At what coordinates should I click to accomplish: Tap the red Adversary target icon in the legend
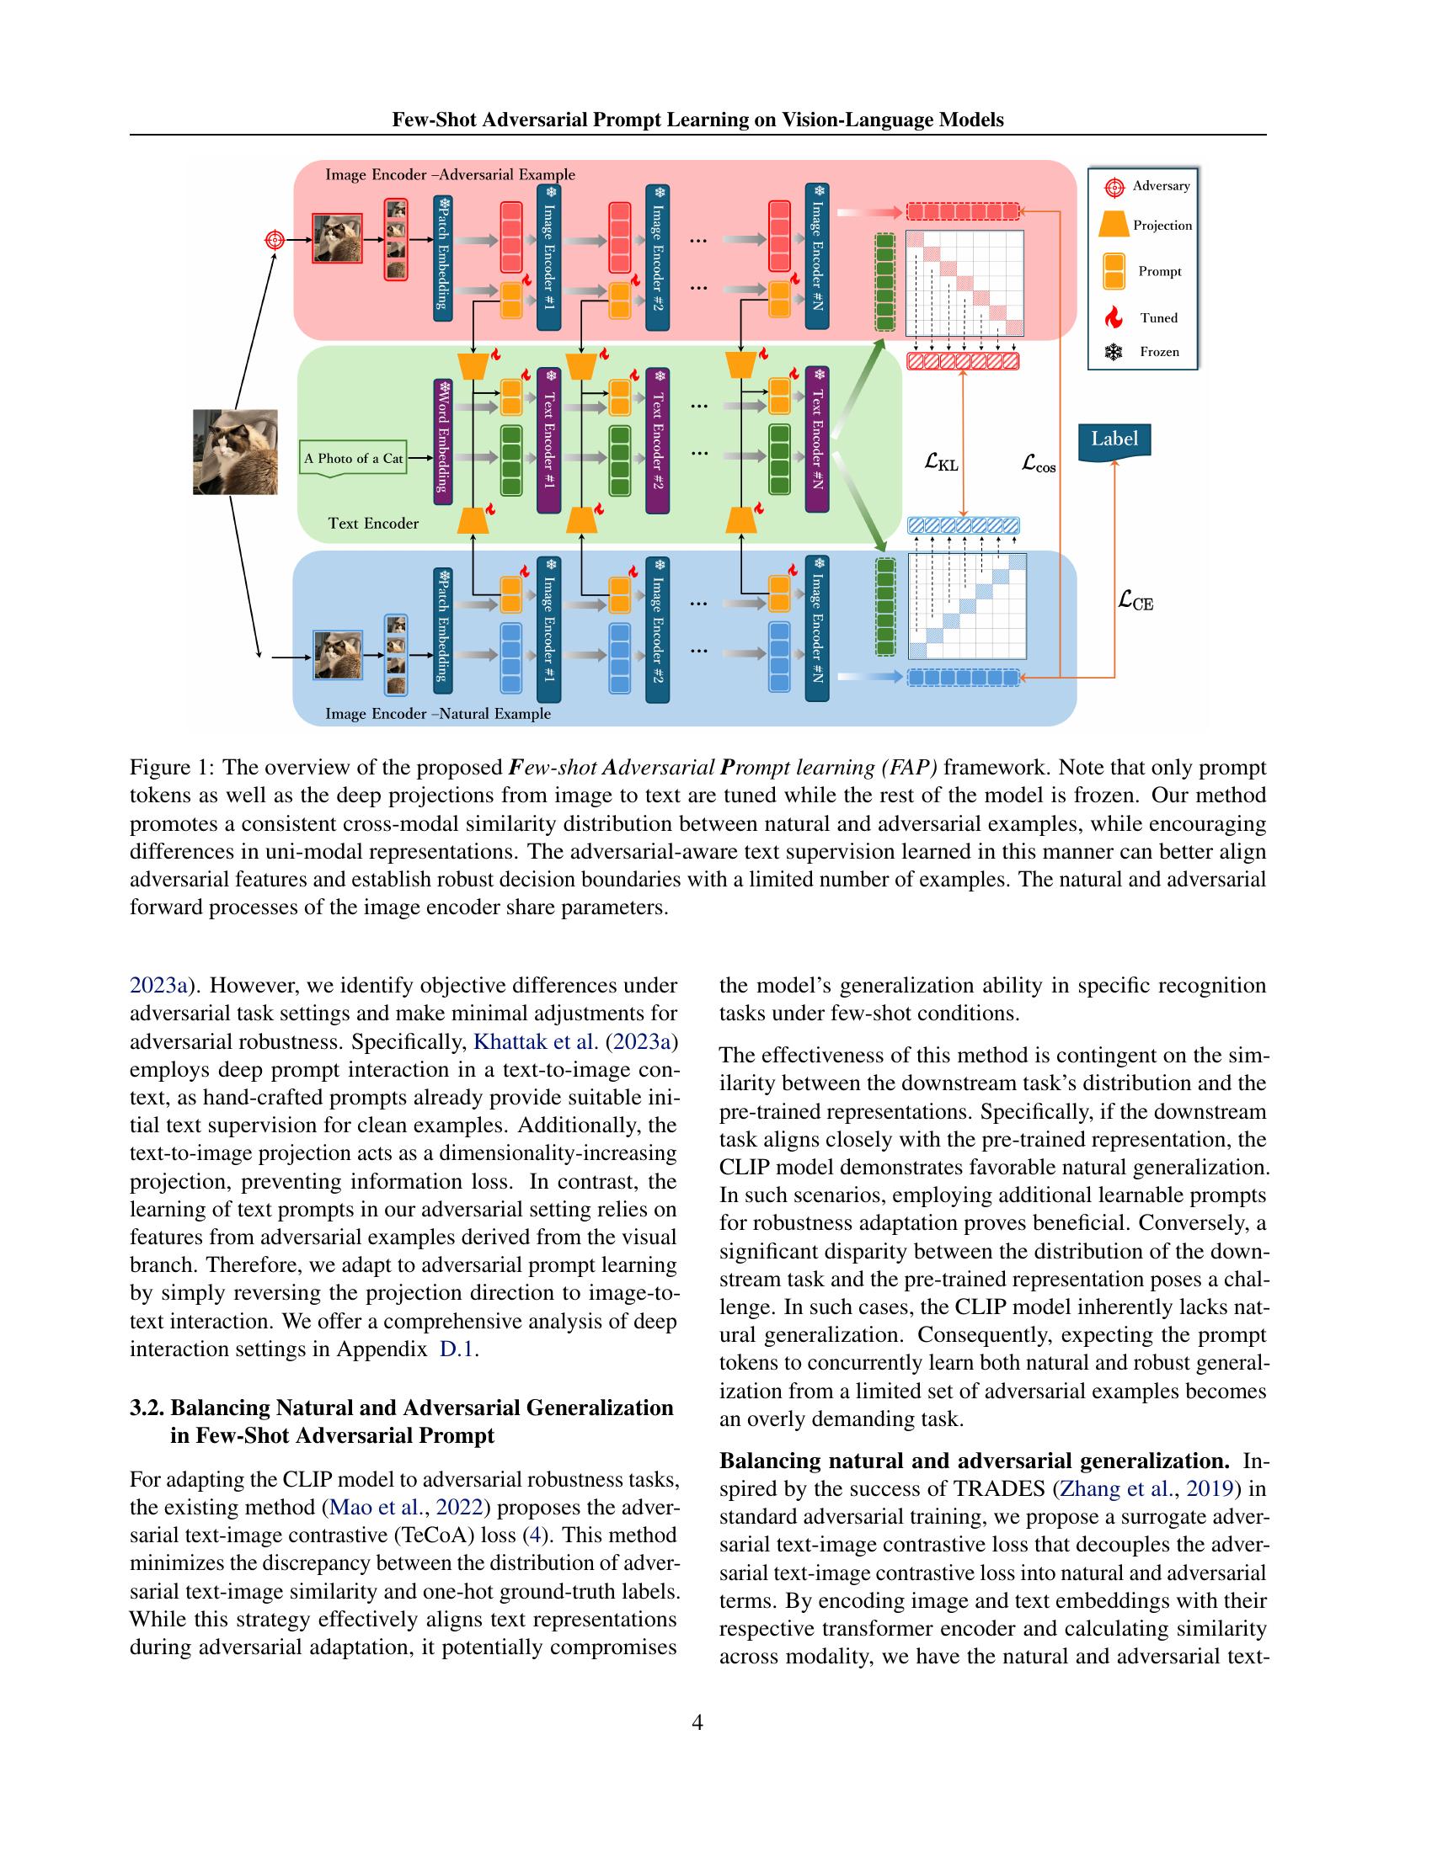click(1114, 187)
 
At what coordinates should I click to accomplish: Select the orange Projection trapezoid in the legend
click(1113, 226)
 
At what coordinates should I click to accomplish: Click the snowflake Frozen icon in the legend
click(1114, 352)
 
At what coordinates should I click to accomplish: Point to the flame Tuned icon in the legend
click(1114, 318)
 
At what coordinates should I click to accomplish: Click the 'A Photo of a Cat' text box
click(353, 459)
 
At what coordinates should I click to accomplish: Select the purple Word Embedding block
click(442, 436)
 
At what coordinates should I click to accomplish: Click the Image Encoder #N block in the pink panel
click(817, 256)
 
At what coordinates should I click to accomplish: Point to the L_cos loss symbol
click(1039, 464)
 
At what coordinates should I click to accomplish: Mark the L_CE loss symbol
click(1135, 601)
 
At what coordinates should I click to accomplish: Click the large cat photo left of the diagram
click(235, 452)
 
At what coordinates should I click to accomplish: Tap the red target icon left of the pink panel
click(274, 240)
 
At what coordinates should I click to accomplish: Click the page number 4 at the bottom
click(697, 1722)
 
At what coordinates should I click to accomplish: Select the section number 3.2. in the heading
click(147, 1408)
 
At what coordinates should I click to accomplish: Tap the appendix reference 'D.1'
click(457, 1349)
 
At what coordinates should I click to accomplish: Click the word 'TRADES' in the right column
click(999, 1489)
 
